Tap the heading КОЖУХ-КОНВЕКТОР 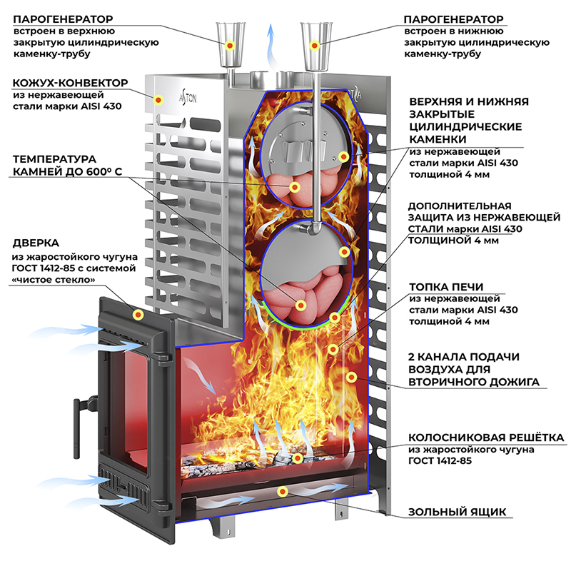[x=69, y=83]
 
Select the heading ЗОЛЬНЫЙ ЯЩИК [x=457, y=512]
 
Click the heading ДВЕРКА [x=36, y=243]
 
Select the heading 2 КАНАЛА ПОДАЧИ [x=463, y=356]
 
